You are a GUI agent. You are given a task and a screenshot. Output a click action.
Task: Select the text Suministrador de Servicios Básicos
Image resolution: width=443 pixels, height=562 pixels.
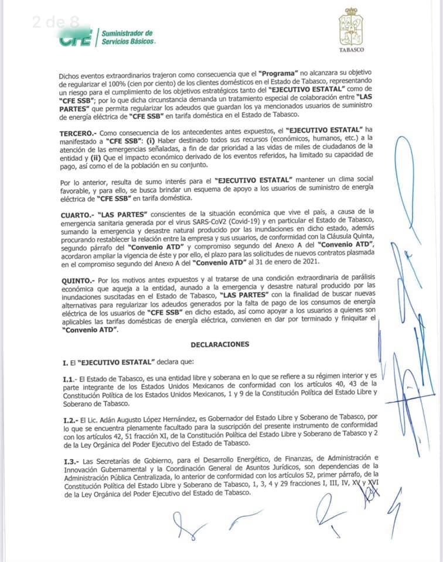click(x=127, y=37)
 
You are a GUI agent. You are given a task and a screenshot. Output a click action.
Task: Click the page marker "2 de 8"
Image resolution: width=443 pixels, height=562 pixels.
click(x=56, y=23)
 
